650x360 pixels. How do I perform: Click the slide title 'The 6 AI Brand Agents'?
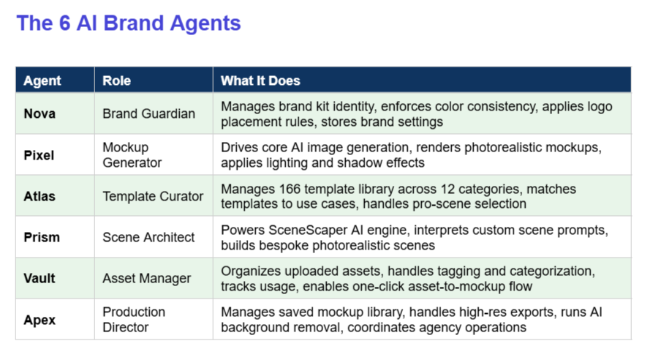(x=129, y=23)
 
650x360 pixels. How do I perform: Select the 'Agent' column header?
(x=42, y=80)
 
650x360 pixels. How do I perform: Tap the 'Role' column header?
(x=116, y=80)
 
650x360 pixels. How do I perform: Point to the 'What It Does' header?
(x=260, y=80)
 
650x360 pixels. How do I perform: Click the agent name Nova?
(x=39, y=113)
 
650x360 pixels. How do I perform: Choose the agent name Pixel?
(x=39, y=155)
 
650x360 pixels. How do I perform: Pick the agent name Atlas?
(x=39, y=196)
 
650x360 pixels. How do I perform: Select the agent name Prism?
(x=42, y=237)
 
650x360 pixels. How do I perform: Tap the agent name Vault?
(x=39, y=278)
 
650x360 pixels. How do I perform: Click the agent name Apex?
(x=39, y=320)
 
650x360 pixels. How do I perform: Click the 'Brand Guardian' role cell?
(x=149, y=113)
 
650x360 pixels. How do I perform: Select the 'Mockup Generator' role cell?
(x=132, y=155)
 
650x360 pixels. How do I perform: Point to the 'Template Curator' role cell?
(x=153, y=196)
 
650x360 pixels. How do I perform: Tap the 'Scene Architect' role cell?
(x=148, y=237)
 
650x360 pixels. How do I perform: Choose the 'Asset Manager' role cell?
(x=147, y=278)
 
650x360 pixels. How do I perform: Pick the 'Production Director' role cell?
(x=134, y=320)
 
